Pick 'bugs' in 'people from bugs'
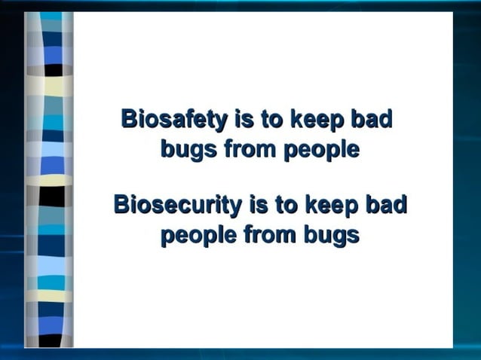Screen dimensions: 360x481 point(331,236)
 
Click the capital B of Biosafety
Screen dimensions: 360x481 point(129,119)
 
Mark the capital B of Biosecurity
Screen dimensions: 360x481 point(122,204)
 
